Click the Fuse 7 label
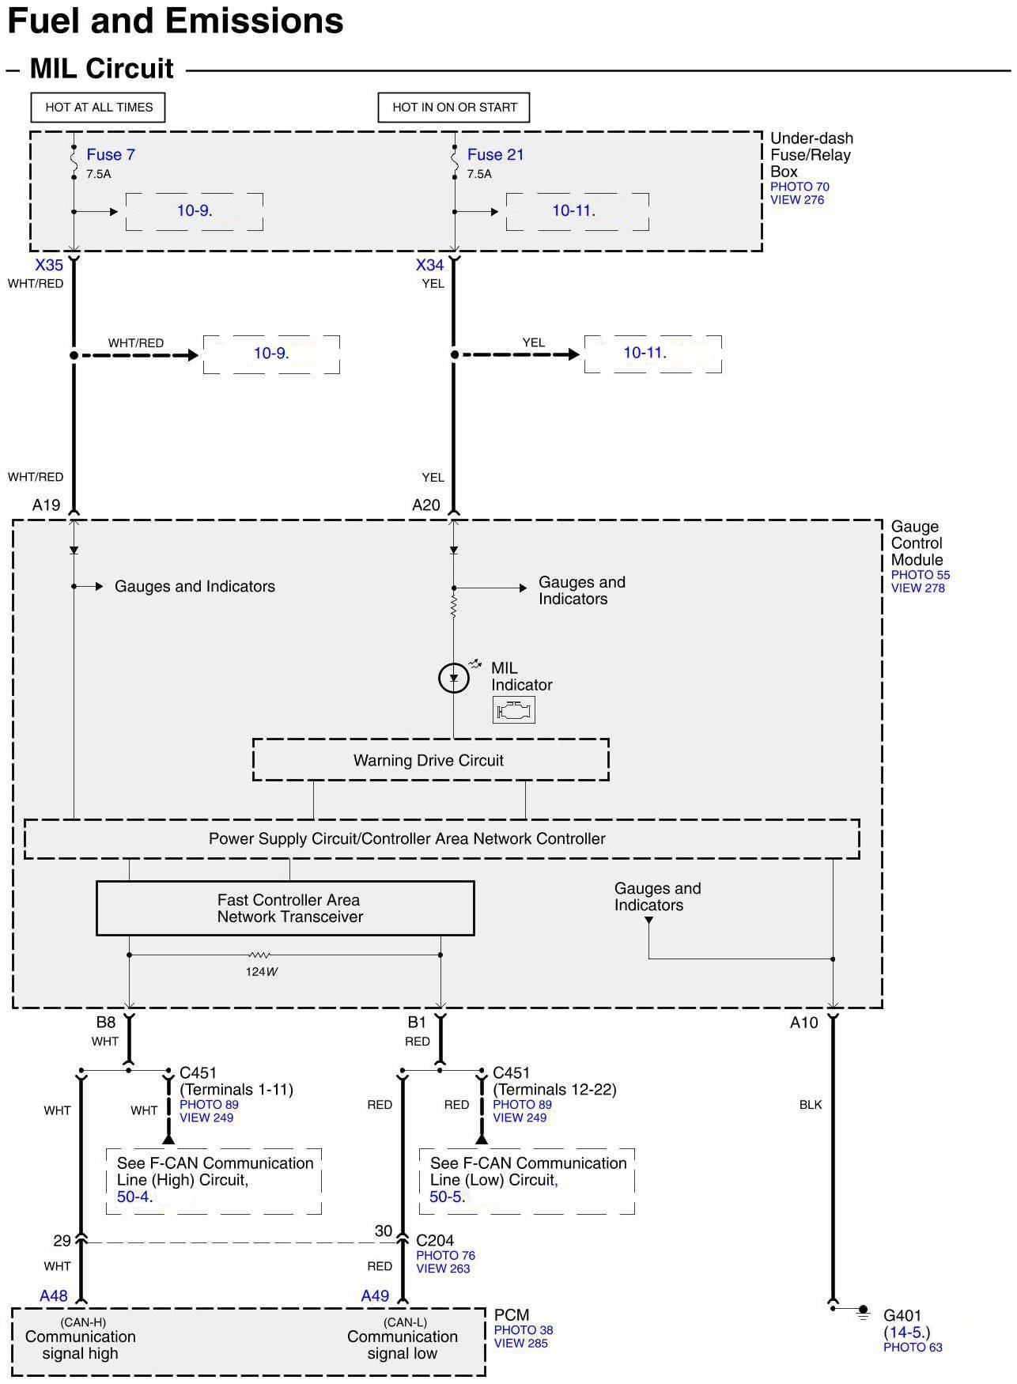(110, 154)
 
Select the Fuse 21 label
(495, 154)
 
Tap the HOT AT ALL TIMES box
(99, 108)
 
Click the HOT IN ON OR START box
(454, 108)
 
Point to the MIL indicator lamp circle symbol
(454, 678)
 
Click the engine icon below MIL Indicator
(514, 710)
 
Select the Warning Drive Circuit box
(430, 760)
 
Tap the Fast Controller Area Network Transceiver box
(285, 909)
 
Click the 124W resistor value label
(261, 972)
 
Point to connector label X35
(49, 265)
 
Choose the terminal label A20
(426, 505)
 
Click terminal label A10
(803, 1023)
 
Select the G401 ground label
(902, 1315)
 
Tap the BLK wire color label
(811, 1105)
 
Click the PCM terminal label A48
(54, 1295)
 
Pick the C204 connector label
(435, 1240)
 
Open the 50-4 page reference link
(133, 1197)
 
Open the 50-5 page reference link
(446, 1197)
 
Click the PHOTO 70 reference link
(800, 187)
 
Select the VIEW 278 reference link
(917, 588)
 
